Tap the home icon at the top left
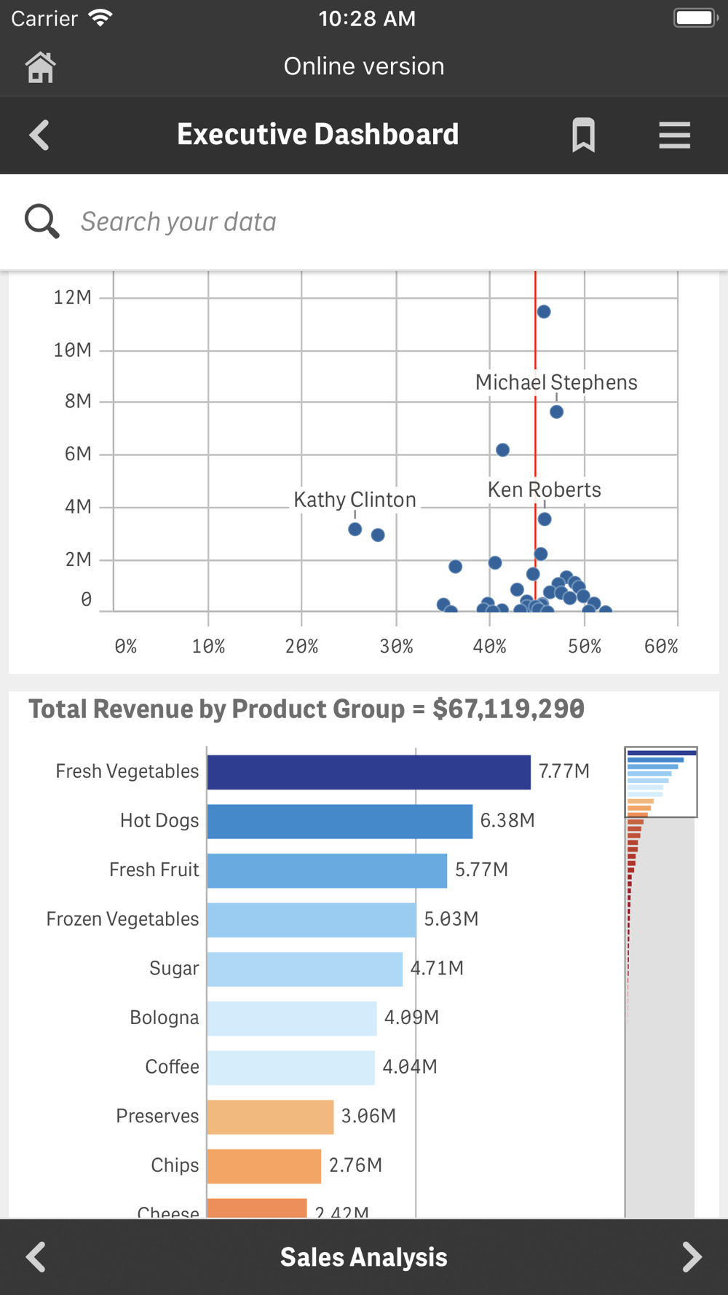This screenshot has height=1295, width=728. pyautogui.click(x=40, y=68)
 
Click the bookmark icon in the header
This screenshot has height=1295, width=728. pyautogui.click(x=583, y=135)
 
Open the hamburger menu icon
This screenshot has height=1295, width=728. pyautogui.click(x=674, y=135)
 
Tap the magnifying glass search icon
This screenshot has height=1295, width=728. pyautogui.click(x=41, y=221)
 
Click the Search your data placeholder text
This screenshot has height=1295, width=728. pyautogui.click(x=178, y=222)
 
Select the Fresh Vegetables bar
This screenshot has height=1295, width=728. pyautogui.click(x=368, y=772)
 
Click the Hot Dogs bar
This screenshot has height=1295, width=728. pyautogui.click(x=339, y=822)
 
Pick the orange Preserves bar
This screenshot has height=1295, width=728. pyautogui.click(x=270, y=1117)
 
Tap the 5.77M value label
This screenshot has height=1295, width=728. pyautogui.click(x=481, y=870)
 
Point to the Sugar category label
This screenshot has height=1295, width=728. pyautogui.click(x=174, y=969)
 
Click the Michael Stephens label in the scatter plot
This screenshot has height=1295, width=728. pyautogui.click(x=556, y=382)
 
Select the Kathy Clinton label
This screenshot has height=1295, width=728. pyautogui.click(x=355, y=500)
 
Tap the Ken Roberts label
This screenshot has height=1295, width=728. pyautogui.click(x=544, y=489)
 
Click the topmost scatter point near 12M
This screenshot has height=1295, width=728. pyautogui.click(x=544, y=312)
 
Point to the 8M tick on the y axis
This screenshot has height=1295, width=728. pyautogui.click(x=78, y=401)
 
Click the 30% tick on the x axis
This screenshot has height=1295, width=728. pyautogui.click(x=396, y=647)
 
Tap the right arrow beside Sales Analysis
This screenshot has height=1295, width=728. pyautogui.click(x=692, y=1256)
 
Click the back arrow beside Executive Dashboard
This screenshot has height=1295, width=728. pyautogui.click(x=39, y=135)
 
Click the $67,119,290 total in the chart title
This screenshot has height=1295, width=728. pyautogui.click(x=508, y=709)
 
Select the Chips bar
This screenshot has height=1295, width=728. pyautogui.click(x=264, y=1166)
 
